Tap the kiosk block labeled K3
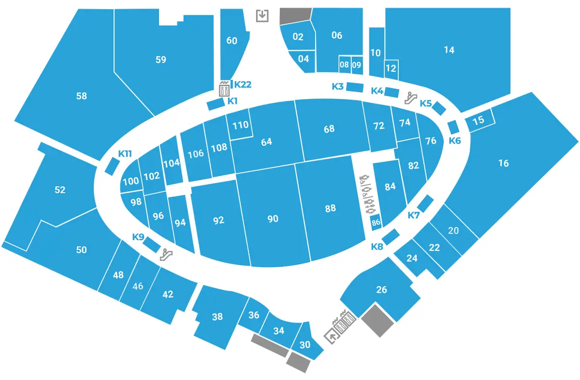(x=355, y=88)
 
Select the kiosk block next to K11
(x=112, y=167)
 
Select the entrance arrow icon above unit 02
(x=262, y=15)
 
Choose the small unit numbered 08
(x=344, y=64)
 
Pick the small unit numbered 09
(x=357, y=64)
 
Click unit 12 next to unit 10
(x=391, y=68)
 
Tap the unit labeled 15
(x=478, y=121)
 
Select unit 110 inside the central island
(x=240, y=125)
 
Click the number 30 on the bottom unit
(x=305, y=345)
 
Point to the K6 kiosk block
(x=453, y=127)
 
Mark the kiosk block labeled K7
(x=425, y=203)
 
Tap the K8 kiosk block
(x=391, y=237)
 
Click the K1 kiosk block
(x=215, y=104)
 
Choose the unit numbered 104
(x=172, y=163)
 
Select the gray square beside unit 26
(x=378, y=320)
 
